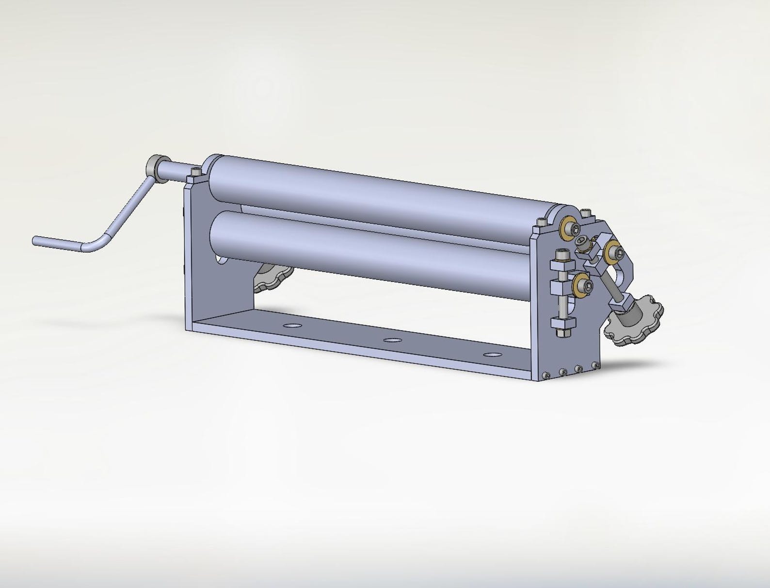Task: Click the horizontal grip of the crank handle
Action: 58,241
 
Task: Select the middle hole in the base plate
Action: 392,340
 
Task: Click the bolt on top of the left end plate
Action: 196,172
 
